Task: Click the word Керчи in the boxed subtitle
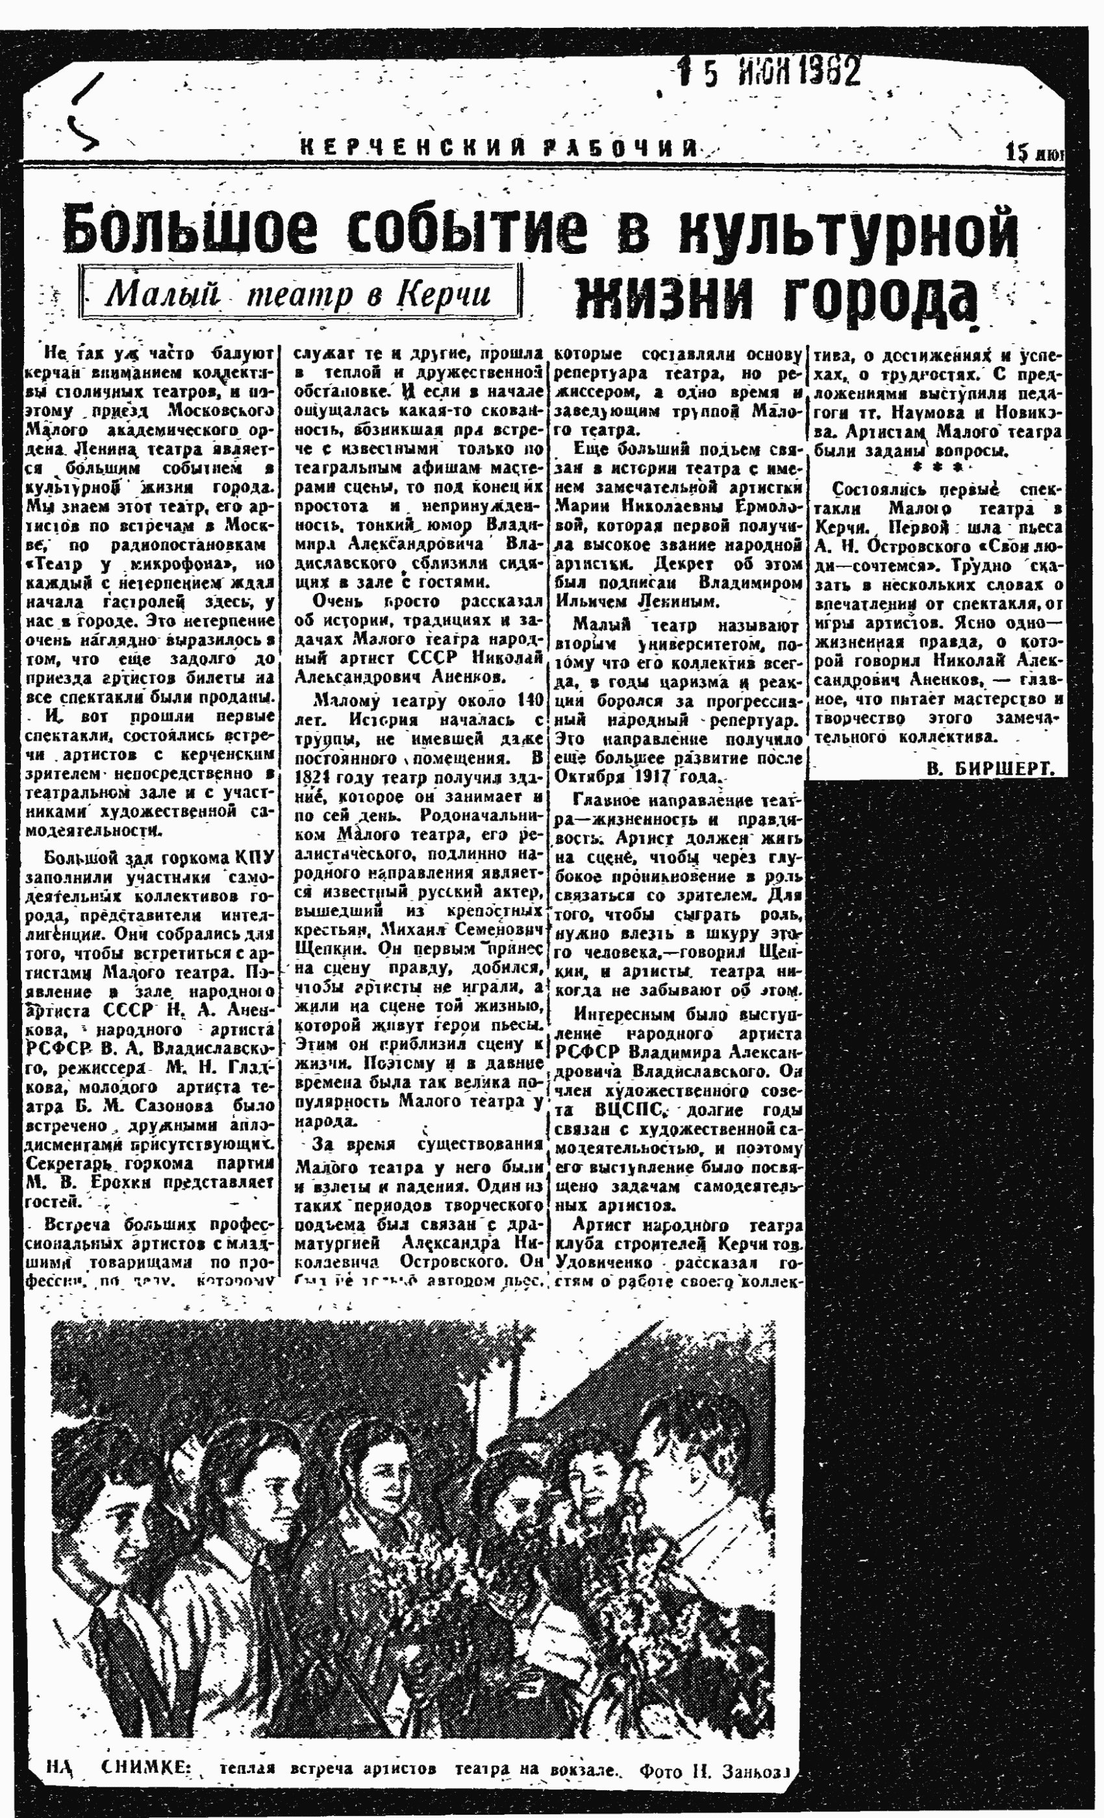pos(444,294)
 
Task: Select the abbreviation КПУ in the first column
pos(255,856)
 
